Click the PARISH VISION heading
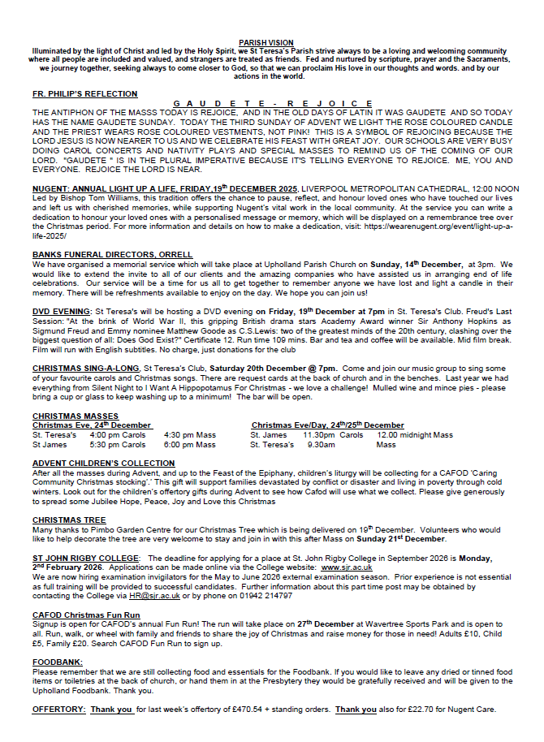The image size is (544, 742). (x=271, y=41)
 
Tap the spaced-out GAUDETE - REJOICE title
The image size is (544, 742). (x=271, y=103)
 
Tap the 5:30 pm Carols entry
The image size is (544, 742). (x=118, y=445)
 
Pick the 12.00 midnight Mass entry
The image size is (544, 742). (x=415, y=435)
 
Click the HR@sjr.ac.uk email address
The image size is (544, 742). (x=143, y=596)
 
